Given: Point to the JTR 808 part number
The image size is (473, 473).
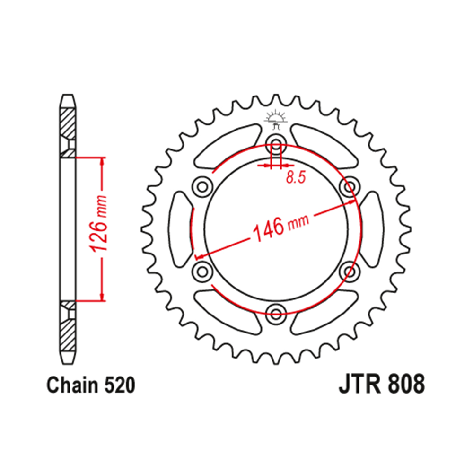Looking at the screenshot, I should click(381, 385).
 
